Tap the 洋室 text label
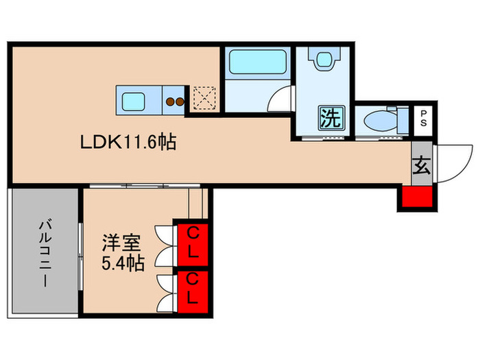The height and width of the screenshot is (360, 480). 122,242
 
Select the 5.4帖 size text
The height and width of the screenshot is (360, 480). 123,263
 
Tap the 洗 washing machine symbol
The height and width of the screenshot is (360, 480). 330,119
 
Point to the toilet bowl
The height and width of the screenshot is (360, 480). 381,120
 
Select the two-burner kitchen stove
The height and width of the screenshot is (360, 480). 175,102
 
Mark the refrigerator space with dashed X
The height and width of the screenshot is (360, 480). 204,98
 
